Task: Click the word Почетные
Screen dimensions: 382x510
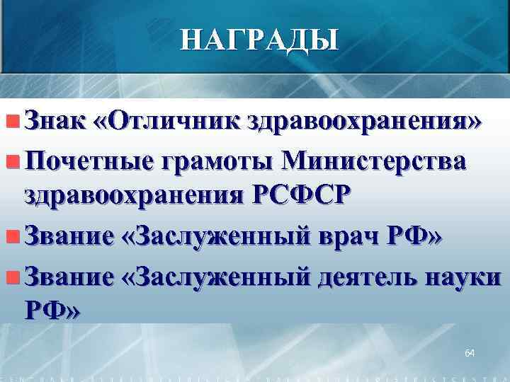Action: tap(84, 161)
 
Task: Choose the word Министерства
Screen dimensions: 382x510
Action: tap(374, 161)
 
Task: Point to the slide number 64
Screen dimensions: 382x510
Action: tap(470, 352)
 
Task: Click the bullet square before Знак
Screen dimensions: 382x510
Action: tap(10, 121)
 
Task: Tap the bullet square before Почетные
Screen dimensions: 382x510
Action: tap(10, 161)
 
